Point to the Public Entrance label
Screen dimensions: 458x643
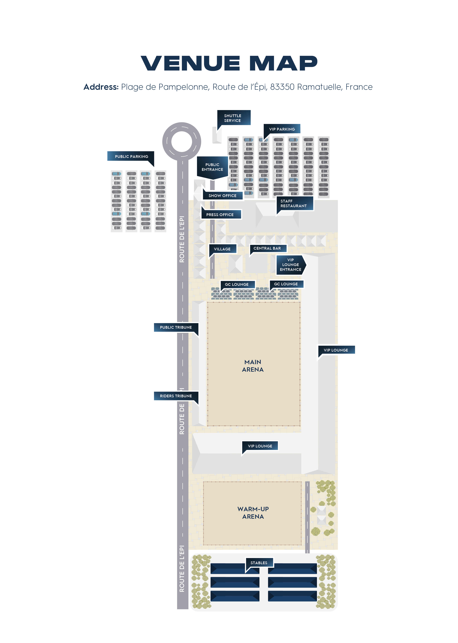(x=212, y=167)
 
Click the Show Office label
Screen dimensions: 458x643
(x=223, y=195)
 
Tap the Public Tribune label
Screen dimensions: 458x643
(x=176, y=327)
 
